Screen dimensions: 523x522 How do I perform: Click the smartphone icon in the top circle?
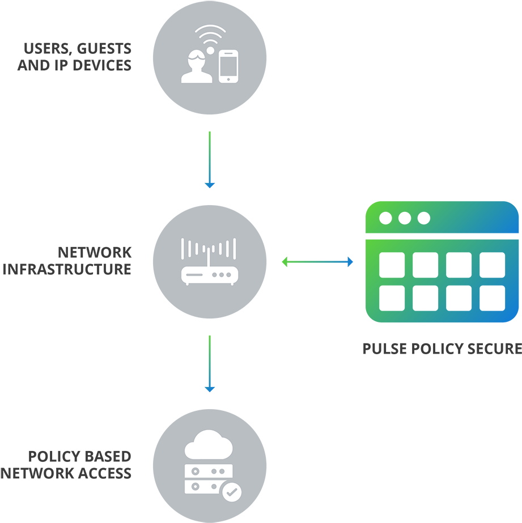pos(228,67)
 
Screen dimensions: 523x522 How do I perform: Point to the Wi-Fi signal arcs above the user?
pos(210,35)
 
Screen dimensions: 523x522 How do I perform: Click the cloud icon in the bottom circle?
pos(209,445)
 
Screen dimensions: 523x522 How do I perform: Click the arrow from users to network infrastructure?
pos(210,159)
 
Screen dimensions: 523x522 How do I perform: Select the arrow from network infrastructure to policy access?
pos(210,363)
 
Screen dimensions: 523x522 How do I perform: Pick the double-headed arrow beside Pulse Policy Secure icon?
pos(317,261)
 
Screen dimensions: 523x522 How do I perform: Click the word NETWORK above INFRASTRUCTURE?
pos(95,252)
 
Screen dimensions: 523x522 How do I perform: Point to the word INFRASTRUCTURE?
pos(67,269)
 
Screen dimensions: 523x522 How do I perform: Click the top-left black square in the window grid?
pos(392,265)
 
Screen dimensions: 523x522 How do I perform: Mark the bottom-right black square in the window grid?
pos(492,298)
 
